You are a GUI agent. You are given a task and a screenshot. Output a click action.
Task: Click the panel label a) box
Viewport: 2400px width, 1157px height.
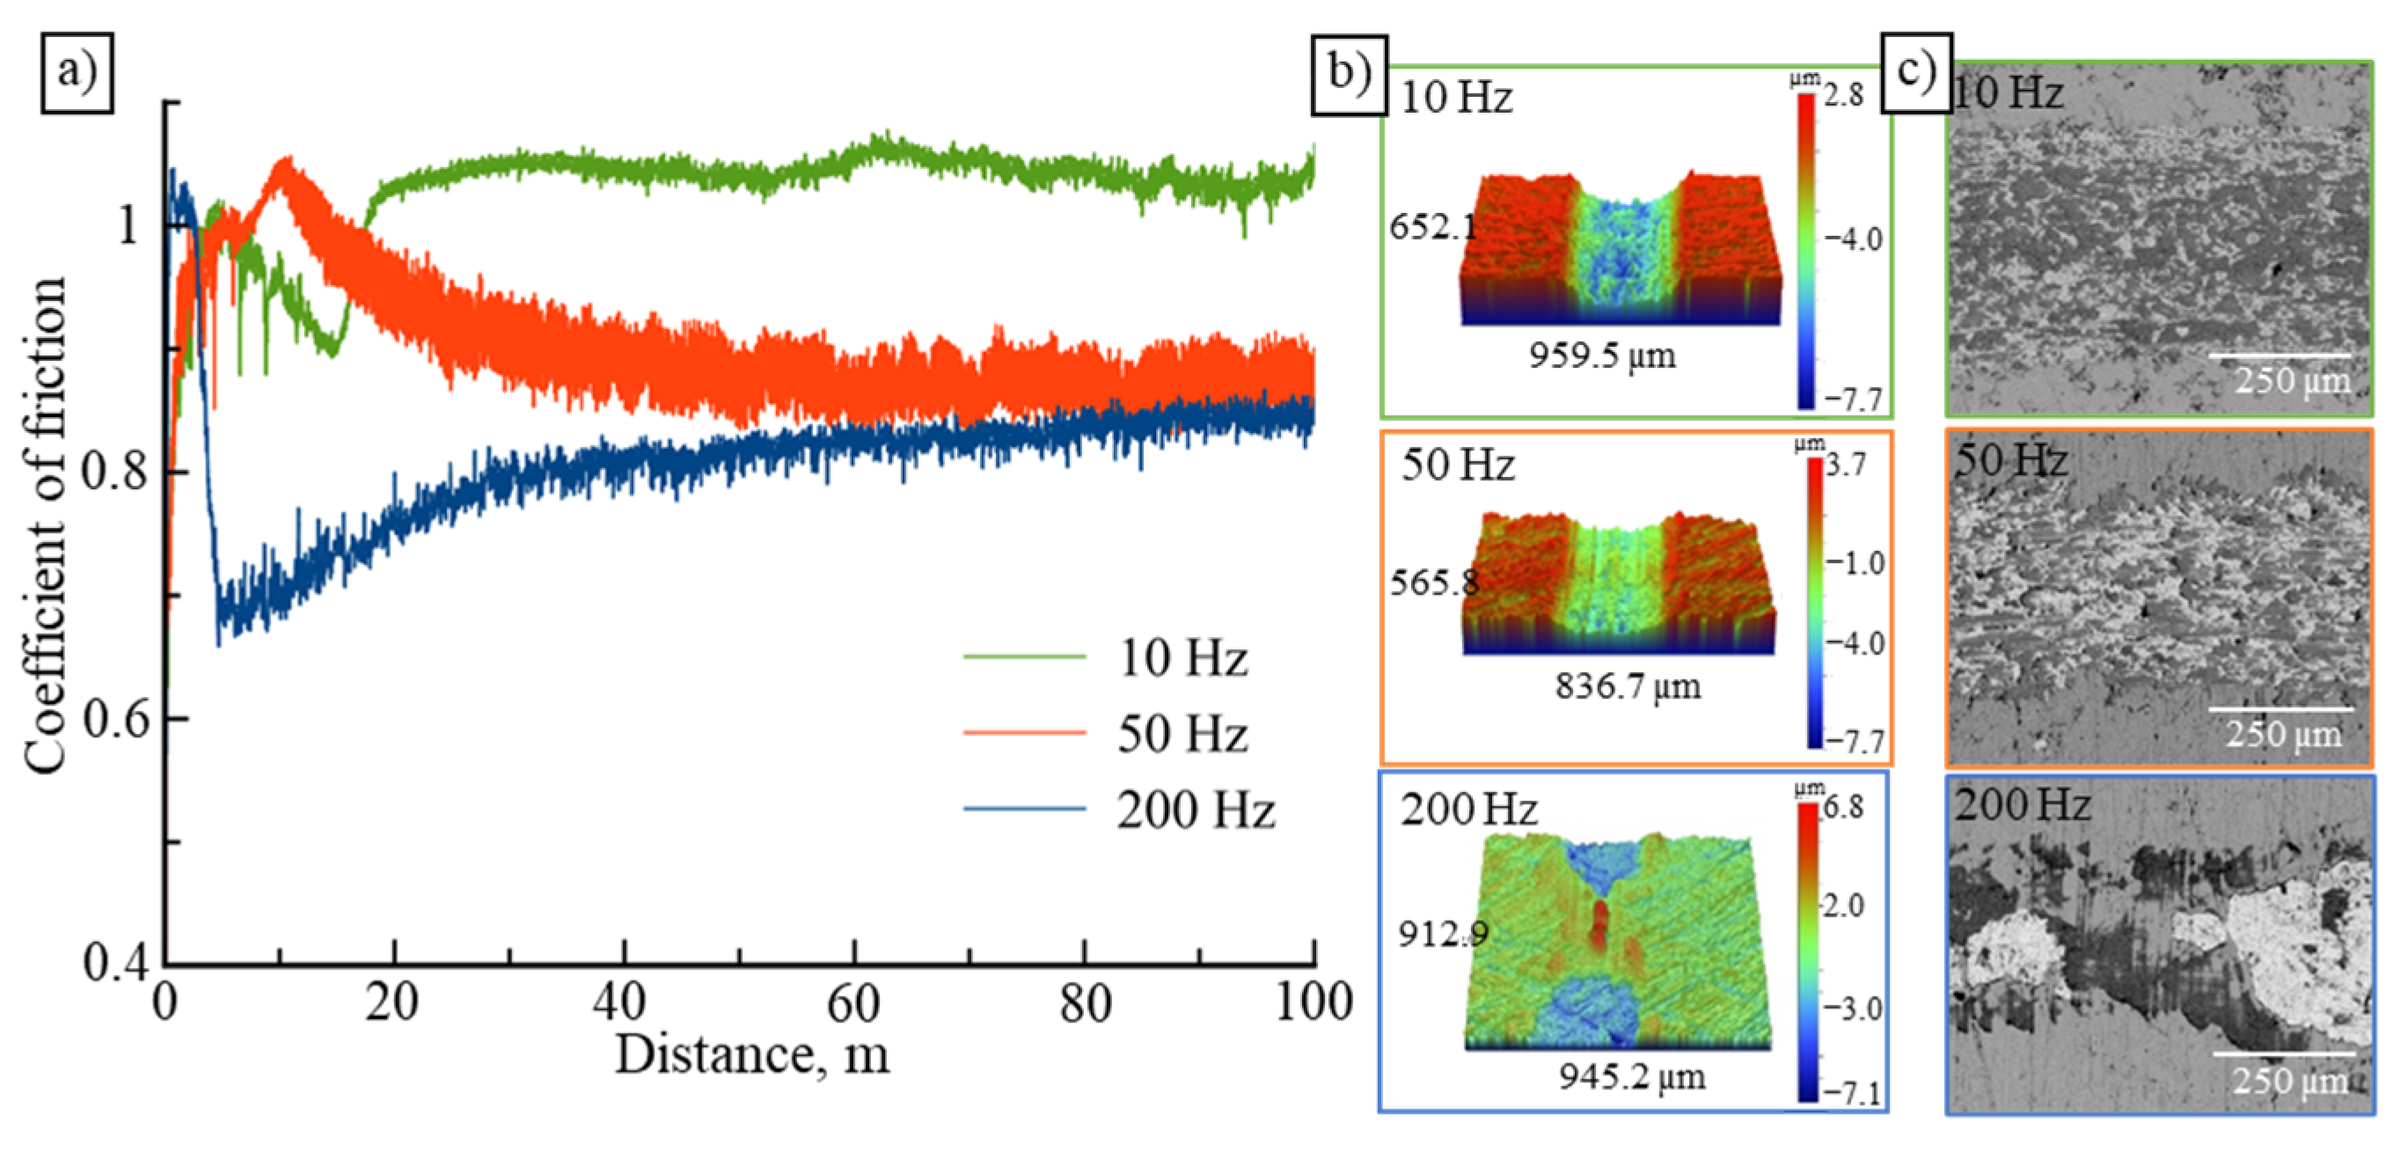click(77, 73)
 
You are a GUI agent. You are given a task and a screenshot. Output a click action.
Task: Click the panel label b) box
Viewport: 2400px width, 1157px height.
click(1349, 75)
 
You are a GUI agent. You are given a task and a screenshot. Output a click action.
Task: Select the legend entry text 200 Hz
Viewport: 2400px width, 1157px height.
click(1196, 809)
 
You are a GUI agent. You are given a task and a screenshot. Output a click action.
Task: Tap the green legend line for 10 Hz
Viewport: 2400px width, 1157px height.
click(1024, 656)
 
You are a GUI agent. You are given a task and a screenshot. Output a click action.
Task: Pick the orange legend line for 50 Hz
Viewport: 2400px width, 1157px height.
click(1024, 732)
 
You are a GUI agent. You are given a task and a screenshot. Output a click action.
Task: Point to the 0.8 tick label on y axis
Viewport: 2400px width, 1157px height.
click(113, 472)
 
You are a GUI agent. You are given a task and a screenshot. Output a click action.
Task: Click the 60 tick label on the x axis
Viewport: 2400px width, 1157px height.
click(852, 1004)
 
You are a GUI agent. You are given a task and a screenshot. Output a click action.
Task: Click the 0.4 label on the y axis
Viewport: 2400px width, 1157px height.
click(113, 963)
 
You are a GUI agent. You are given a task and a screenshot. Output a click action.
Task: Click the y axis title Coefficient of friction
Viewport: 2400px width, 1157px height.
click(45, 526)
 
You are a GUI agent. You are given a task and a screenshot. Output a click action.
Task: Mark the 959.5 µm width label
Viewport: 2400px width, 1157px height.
click(1601, 355)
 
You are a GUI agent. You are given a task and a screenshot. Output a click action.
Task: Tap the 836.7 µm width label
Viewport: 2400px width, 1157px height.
click(1627, 686)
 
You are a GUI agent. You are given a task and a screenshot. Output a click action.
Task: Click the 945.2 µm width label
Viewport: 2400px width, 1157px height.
click(1631, 1077)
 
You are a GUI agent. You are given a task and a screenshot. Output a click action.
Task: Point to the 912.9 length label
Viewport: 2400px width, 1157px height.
click(1441, 933)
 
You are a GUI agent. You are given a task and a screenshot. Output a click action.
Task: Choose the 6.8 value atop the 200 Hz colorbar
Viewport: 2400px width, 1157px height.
click(1844, 808)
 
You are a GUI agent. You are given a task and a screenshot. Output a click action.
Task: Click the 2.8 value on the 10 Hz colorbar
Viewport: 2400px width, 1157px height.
click(1843, 95)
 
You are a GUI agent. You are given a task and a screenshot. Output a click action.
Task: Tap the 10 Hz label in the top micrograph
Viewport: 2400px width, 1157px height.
click(2008, 93)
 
